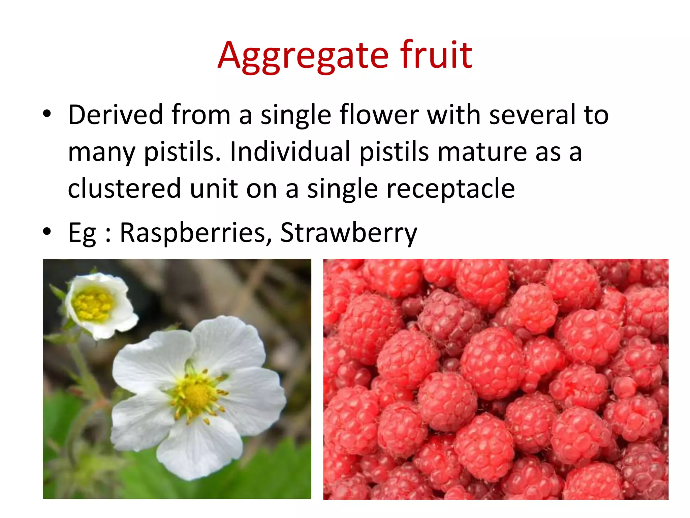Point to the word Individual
pos(290,152)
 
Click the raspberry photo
pos(495,379)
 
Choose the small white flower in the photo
pos(99,305)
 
